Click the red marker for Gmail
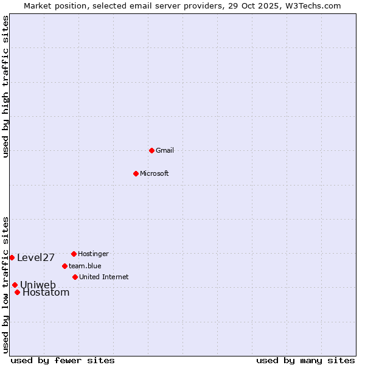(x=151, y=150)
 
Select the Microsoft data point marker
(x=136, y=173)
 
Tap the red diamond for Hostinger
(x=74, y=254)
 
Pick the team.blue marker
(x=64, y=266)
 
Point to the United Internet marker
(x=75, y=277)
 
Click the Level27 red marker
(x=12, y=257)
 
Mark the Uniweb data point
(x=15, y=285)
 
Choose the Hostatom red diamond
(x=17, y=293)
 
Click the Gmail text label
(x=165, y=150)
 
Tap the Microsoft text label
(x=155, y=173)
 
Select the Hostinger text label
(x=93, y=254)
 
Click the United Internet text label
(x=104, y=277)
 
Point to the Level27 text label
(x=36, y=257)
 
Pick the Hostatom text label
(x=46, y=293)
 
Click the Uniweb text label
(x=38, y=285)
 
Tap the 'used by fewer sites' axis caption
(x=63, y=360)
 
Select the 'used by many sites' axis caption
(x=305, y=360)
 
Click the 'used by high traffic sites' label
(x=6, y=87)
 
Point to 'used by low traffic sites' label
(x=6, y=285)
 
